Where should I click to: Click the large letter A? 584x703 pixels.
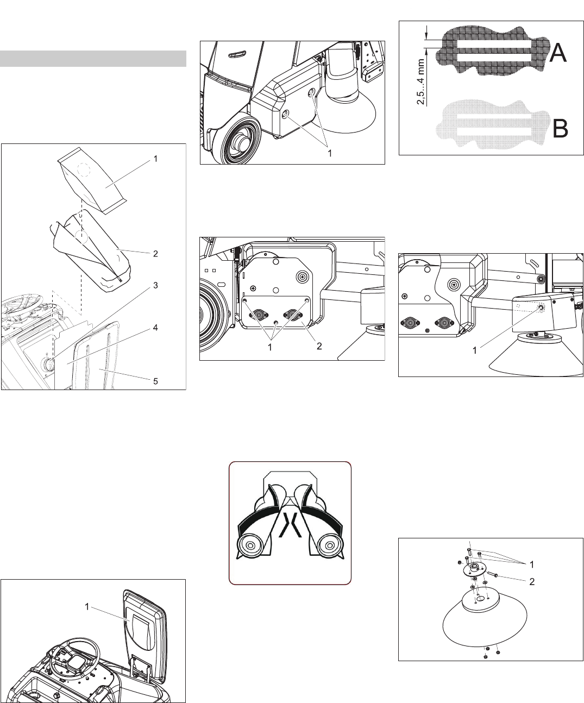tap(558, 53)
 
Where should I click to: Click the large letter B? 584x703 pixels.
tap(560, 128)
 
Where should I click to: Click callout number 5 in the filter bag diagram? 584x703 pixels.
tap(155, 381)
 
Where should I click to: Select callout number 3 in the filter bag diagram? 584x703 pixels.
tap(155, 285)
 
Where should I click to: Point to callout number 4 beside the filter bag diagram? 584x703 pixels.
tap(155, 328)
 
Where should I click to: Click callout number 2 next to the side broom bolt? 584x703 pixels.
tap(532, 581)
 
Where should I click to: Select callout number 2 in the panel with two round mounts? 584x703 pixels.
tap(319, 346)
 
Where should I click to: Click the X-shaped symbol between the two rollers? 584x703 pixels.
tap(290, 525)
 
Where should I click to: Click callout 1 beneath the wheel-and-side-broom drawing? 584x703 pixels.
tap(330, 153)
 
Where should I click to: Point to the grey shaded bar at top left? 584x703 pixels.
tap(93, 59)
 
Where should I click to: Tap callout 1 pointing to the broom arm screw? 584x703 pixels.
tap(475, 350)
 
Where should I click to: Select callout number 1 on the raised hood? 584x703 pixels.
tap(87, 607)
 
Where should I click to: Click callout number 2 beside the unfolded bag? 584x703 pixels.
tap(155, 254)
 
